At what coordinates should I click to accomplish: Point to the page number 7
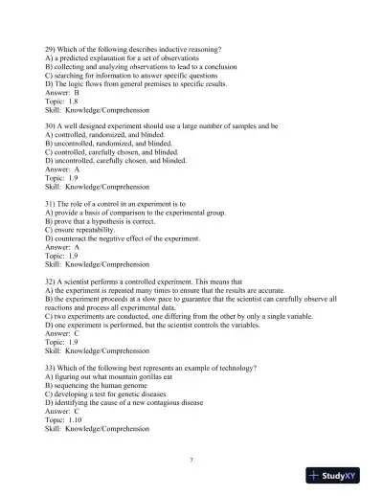(x=191, y=461)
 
